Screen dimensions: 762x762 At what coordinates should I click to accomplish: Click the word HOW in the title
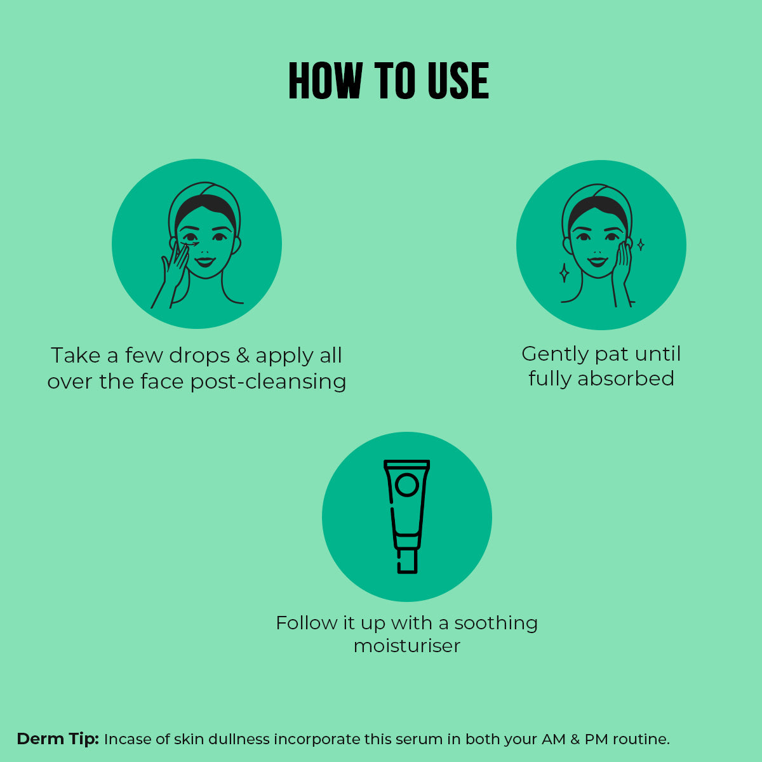point(326,81)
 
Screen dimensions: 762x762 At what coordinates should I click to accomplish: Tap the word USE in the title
point(458,81)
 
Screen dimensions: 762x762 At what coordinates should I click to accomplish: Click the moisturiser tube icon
point(406,516)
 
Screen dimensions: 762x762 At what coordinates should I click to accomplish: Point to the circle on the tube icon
point(407,485)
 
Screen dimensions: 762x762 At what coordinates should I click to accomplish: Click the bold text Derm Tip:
point(58,739)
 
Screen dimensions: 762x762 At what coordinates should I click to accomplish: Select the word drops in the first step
point(199,355)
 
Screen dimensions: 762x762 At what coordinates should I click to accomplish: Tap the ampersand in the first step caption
point(243,355)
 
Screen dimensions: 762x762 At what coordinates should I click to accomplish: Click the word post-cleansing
point(268,382)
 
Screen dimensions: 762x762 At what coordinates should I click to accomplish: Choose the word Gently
point(555,354)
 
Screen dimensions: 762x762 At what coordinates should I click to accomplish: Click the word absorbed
point(625,378)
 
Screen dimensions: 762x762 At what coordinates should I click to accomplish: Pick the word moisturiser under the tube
point(407,646)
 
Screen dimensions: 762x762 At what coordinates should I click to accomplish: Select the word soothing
point(496,624)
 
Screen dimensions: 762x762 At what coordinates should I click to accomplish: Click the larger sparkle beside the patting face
point(565,272)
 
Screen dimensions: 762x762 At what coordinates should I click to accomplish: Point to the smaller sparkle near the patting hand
point(641,244)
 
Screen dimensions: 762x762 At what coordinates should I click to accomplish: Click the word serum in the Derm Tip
point(420,740)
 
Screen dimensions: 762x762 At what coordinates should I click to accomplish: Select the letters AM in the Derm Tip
point(554,739)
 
